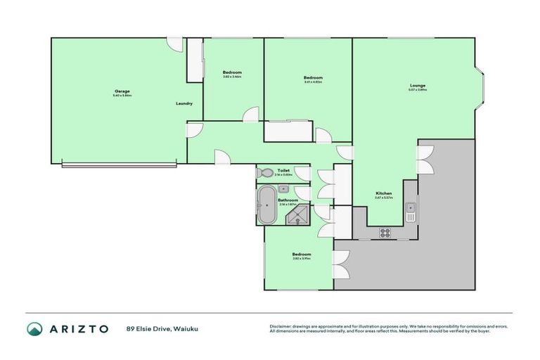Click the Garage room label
pos(122,91)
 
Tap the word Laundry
pos(184,104)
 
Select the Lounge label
pos(418,86)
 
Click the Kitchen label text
pos(383,193)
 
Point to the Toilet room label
pos(283,171)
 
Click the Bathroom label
pos(288,200)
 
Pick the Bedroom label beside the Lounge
pos(313,77)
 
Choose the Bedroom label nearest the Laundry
pos(232,72)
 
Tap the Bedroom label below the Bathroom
pos(301,255)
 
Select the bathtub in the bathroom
pos(266,205)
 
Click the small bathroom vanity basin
pos(283,188)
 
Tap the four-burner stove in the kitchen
pos(385,233)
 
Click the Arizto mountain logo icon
pos(34,329)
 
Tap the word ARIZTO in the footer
pos(79,328)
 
